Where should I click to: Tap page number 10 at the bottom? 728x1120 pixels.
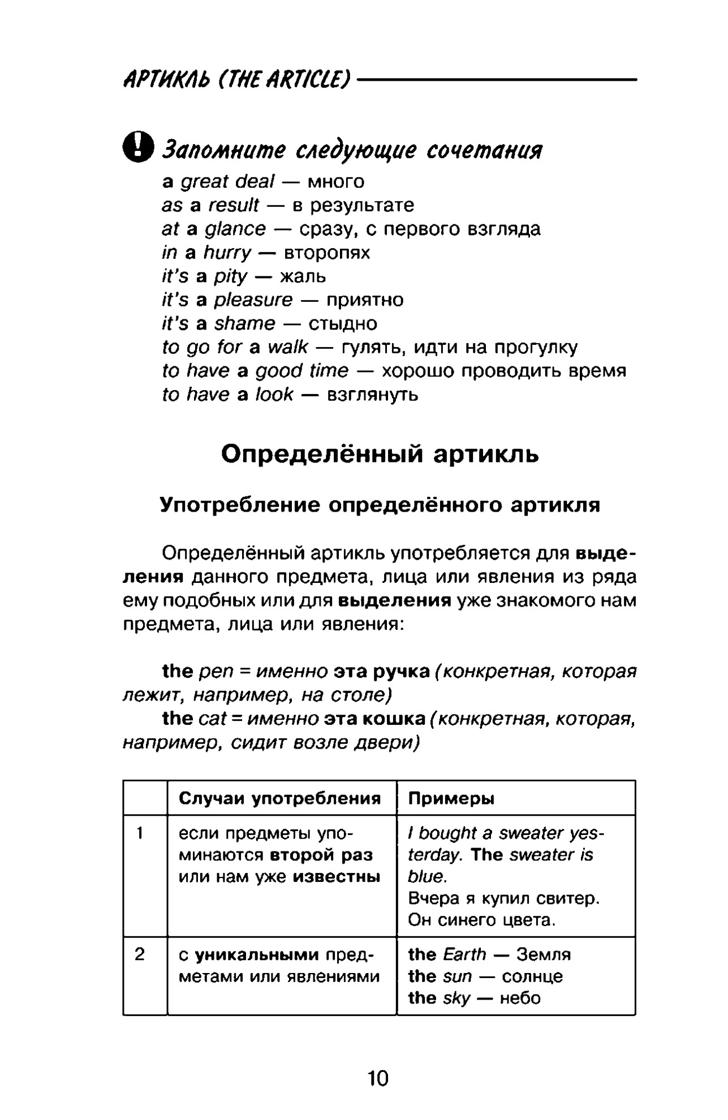[378, 1078]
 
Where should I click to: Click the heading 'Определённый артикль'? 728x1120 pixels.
[380, 454]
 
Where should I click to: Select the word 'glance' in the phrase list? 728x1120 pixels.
[235, 229]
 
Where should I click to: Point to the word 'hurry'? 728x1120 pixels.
[227, 253]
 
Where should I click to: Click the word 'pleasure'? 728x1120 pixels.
[253, 300]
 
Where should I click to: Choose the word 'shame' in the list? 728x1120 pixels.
[245, 323]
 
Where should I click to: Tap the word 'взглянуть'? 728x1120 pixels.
[373, 395]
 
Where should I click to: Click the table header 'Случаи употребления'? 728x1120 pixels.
[279, 798]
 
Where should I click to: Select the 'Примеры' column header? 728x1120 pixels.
[451, 798]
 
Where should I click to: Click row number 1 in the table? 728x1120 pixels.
[140, 833]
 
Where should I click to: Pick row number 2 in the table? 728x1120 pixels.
[140, 954]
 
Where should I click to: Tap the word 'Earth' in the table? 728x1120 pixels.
[464, 954]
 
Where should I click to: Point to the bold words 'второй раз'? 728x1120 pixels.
[321, 855]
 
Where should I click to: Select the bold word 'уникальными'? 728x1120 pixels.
[257, 955]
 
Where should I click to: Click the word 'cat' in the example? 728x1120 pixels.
[212, 719]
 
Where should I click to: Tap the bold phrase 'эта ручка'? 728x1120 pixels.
[382, 671]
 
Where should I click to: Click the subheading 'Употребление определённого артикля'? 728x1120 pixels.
[380, 505]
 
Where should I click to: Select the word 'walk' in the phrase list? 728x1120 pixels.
[288, 347]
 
